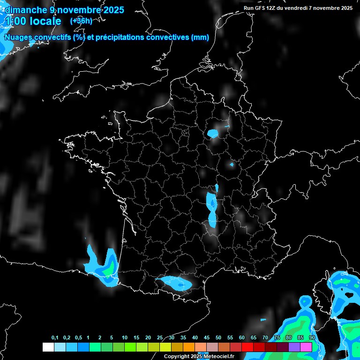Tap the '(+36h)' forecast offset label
coord(81,21)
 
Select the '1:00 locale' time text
coord(33,22)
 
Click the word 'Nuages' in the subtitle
coord(18,37)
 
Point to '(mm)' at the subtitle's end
coord(200,37)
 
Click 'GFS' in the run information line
coord(260,8)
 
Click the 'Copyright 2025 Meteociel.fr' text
coord(199,356)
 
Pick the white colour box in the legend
coord(48,347)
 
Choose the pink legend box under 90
coord(306,347)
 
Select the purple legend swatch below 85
coord(294,347)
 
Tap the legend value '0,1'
coord(54,338)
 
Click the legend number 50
coord(218,338)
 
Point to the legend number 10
coord(125,338)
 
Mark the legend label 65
coord(254,338)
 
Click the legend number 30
coord(172,338)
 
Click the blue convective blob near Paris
coord(213,134)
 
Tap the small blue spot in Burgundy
coord(231,165)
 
